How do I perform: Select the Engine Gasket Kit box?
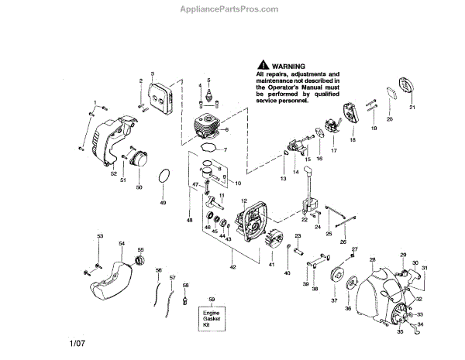212,315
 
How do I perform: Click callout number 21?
412,108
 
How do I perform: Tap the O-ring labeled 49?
164,177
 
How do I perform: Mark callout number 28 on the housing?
373,259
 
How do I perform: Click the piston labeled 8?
208,169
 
